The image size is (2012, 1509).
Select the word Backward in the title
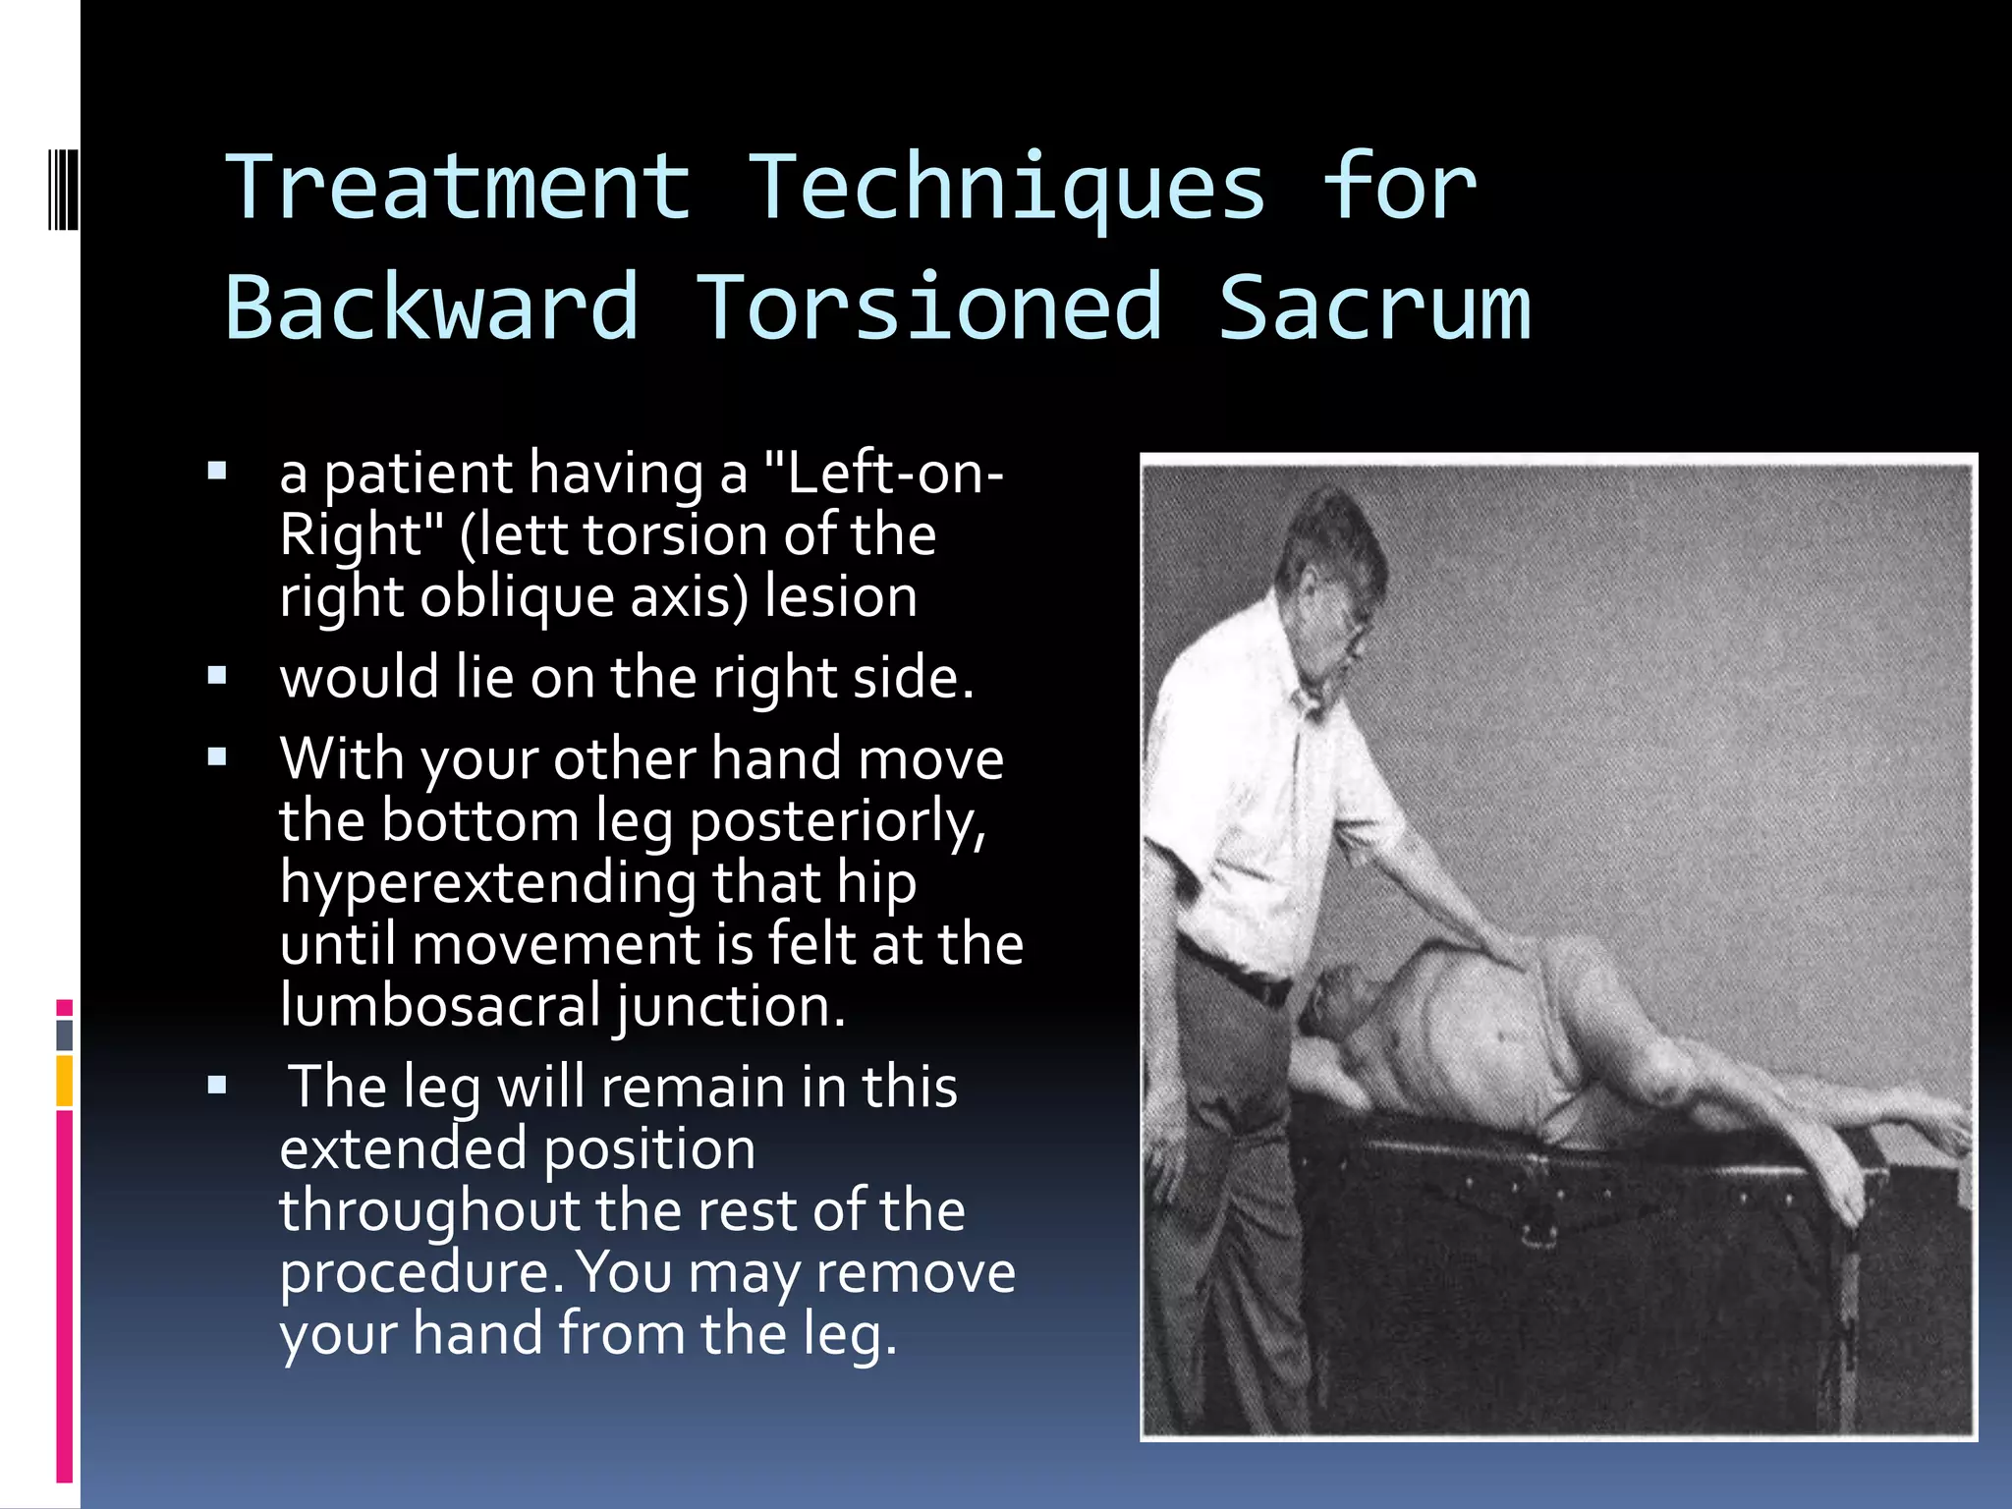coord(432,307)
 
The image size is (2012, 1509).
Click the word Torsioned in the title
coord(929,307)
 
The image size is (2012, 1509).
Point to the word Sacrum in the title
coord(1373,307)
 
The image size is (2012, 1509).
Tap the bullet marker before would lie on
coord(217,675)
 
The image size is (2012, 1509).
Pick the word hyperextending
coord(488,883)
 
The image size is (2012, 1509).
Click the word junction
coord(729,1008)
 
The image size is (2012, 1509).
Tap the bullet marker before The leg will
coord(217,1085)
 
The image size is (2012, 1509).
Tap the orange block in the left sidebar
coord(64,1080)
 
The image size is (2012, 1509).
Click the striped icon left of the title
coord(64,187)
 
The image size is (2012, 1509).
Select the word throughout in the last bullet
coord(430,1210)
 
